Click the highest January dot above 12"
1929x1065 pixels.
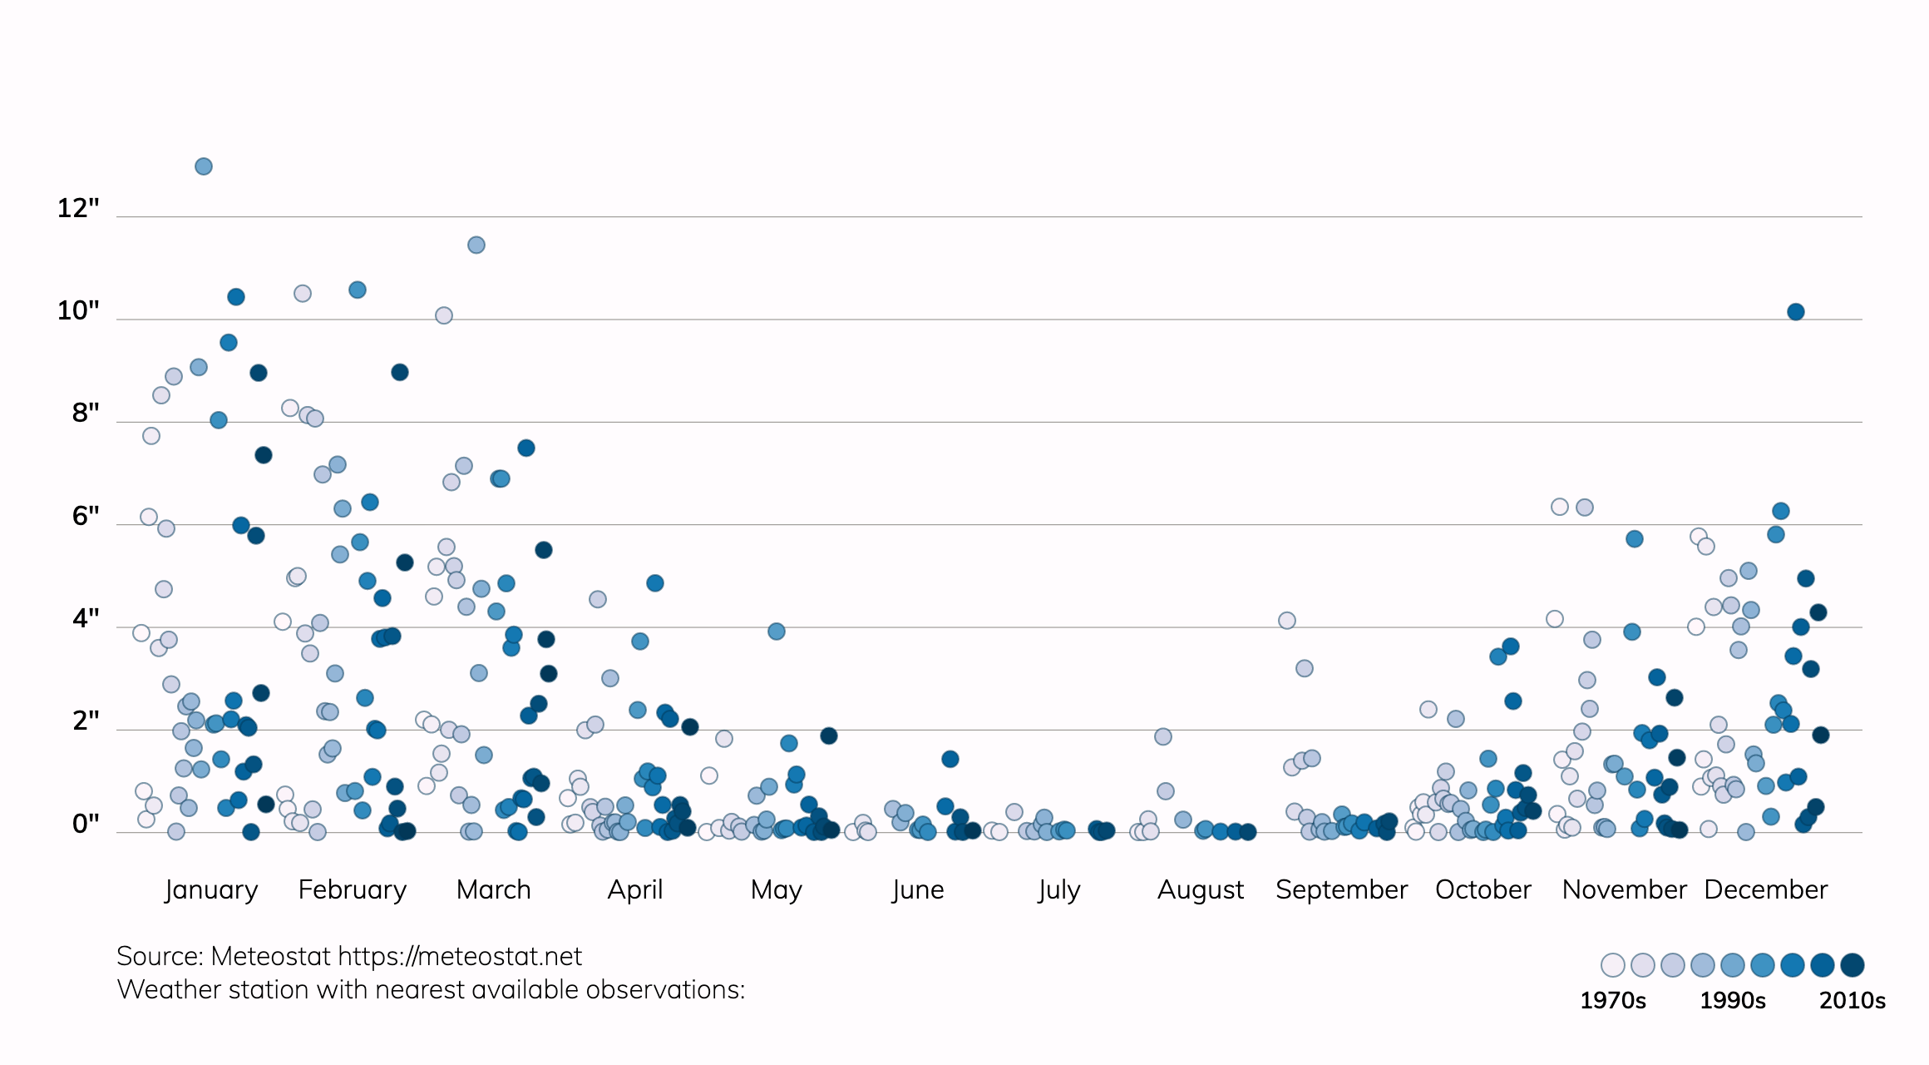204,166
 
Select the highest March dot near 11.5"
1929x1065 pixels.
476,245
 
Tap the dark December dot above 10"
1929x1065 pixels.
1796,312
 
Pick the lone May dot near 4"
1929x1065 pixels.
777,632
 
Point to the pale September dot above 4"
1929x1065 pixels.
1287,621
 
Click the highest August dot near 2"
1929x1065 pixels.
1163,736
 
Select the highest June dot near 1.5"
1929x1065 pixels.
950,759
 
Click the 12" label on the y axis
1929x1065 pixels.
78,208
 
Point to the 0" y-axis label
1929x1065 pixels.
86,824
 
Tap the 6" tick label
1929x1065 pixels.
86,516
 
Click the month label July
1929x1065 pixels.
1058,890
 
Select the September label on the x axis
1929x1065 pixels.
1341,890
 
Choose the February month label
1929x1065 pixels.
353,890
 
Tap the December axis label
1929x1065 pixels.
1766,890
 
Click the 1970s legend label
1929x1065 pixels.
1613,1000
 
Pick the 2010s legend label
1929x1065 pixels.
1853,1000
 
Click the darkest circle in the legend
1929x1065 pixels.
1853,965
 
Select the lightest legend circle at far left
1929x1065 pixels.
1613,965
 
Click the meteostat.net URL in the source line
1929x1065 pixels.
460,957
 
